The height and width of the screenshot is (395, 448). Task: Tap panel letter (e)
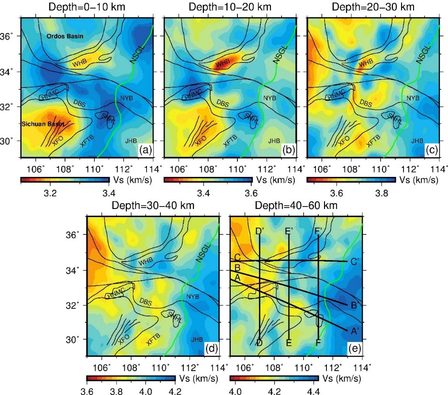pyautogui.click(x=355, y=348)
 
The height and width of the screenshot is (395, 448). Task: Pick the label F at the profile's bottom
pyautogui.click(x=318, y=343)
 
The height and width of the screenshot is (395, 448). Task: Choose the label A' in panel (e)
pyautogui.click(x=355, y=330)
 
